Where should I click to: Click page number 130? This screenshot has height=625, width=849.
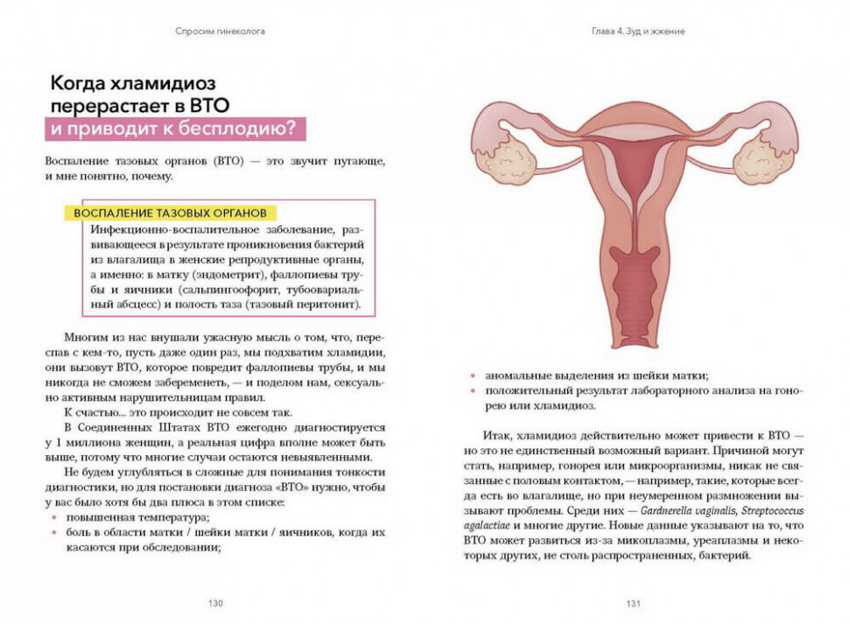pos(215,603)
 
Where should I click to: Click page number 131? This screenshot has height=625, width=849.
pos(633,603)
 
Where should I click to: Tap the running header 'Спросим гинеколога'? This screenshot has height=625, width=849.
pos(220,32)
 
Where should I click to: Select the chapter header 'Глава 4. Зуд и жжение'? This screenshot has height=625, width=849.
pos(637,32)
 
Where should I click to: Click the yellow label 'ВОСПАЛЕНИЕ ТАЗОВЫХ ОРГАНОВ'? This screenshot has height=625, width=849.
pos(171,214)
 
